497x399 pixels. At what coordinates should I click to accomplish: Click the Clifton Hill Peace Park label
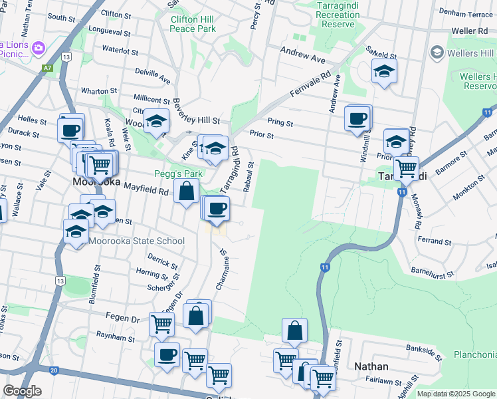tap(193, 25)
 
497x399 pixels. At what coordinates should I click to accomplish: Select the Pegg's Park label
tap(178, 174)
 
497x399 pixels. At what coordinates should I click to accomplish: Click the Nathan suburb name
tap(371, 366)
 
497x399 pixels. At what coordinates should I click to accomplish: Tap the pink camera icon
tap(39, 47)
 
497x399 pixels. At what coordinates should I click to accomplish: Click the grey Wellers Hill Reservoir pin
tap(437, 52)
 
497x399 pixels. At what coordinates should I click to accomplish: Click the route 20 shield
tap(54, 370)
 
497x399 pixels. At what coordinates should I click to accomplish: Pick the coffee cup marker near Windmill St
tap(357, 118)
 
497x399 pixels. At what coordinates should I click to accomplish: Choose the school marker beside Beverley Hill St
tap(156, 121)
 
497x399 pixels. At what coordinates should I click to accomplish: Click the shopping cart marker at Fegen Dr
tap(162, 325)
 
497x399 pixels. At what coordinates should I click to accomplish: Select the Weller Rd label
tap(469, 31)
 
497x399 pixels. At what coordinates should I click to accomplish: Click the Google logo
tap(22, 391)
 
